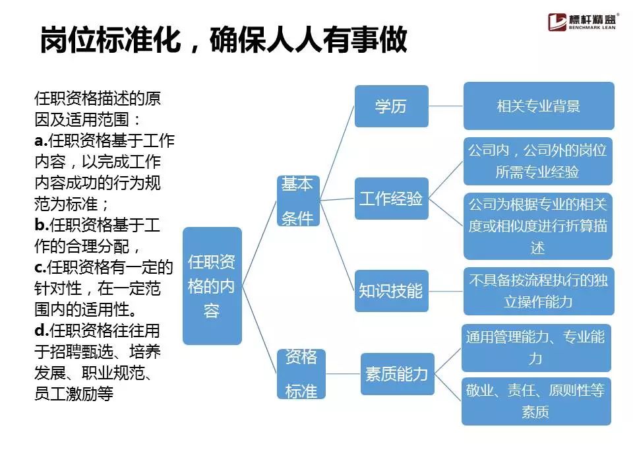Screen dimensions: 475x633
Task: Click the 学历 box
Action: point(391,106)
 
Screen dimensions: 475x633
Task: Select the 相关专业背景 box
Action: point(538,106)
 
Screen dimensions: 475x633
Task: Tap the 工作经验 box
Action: point(391,199)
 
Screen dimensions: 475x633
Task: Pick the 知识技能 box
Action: point(391,290)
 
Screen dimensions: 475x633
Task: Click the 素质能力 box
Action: point(397,374)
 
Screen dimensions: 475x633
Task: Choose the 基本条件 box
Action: point(298,201)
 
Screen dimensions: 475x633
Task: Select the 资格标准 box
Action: point(301,374)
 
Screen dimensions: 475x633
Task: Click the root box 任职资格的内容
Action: point(212,286)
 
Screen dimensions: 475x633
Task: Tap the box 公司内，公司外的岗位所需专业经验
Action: point(537,161)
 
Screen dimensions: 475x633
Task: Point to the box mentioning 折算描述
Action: point(537,226)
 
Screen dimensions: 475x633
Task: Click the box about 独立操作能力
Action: point(538,290)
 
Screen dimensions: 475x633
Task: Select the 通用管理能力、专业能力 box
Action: point(535,348)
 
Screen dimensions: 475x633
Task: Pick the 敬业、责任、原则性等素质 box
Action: point(535,401)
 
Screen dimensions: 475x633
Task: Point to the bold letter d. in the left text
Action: point(40,330)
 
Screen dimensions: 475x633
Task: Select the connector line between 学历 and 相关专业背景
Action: point(446,106)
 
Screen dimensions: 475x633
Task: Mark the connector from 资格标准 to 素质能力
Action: point(343,374)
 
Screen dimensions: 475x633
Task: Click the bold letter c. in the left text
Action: point(39,267)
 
